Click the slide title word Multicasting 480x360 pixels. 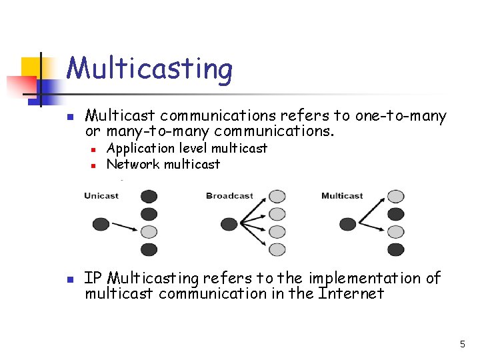coord(149,69)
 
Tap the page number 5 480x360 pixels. coord(462,344)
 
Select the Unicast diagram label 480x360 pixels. coord(101,196)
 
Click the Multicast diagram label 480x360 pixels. coord(342,196)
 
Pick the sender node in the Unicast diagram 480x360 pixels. coord(101,223)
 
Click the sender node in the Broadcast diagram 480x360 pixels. coord(229,223)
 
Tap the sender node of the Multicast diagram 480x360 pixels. coord(348,223)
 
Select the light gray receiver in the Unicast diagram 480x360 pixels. coord(149,232)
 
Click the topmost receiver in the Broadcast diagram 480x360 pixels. coord(277,197)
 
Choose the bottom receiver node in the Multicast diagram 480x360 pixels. coord(396,249)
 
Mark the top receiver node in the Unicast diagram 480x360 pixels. coord(149,197)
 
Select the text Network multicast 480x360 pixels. coord(163,164)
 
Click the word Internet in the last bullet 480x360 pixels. coord(351,293)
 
